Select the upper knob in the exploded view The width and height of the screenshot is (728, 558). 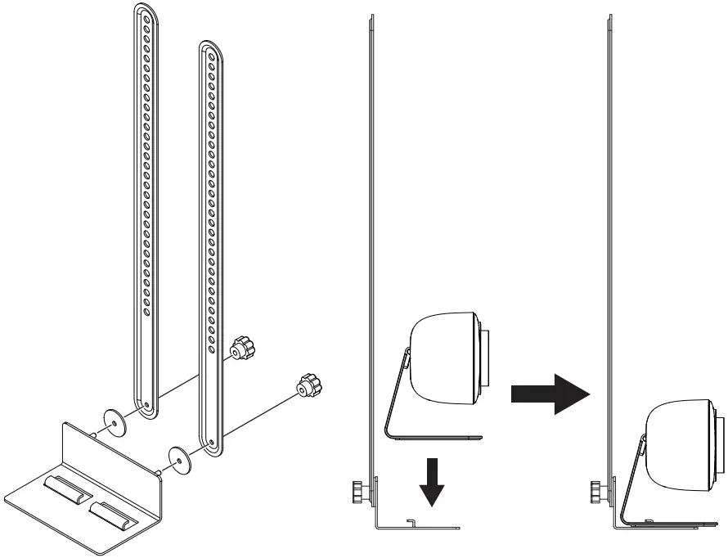coord(242,350)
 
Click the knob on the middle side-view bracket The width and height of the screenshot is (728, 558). coord(358,493)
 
